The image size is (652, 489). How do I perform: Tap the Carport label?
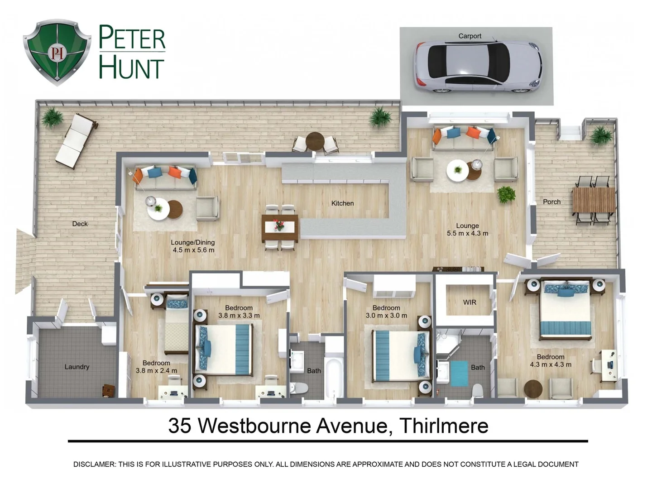tap(470, 36)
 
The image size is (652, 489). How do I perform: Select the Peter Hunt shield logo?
tap(57, 52)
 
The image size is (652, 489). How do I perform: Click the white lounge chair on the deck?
tap(76, 141)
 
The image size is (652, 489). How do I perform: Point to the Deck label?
tap(80, 224)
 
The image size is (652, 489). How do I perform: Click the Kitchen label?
tap(342, 203)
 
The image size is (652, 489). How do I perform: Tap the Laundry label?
tap(77, 367)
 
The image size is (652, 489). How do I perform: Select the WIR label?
tap(470, 302)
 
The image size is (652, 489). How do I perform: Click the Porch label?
tap(551, 202)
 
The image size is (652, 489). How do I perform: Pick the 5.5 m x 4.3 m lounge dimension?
tap(467, 234)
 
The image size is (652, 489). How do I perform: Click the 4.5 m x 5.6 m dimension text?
tap(193, 250)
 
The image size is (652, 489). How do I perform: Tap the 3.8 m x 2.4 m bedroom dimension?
tap(156, 371)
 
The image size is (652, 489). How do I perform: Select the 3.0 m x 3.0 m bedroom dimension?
tap(386, 316)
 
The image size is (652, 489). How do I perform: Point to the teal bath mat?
tap(459, 373)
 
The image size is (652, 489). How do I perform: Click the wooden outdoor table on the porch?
tap(593, 200)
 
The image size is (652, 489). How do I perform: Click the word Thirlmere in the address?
tap(444, 426)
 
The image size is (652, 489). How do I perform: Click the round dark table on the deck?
tap(315, 141)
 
